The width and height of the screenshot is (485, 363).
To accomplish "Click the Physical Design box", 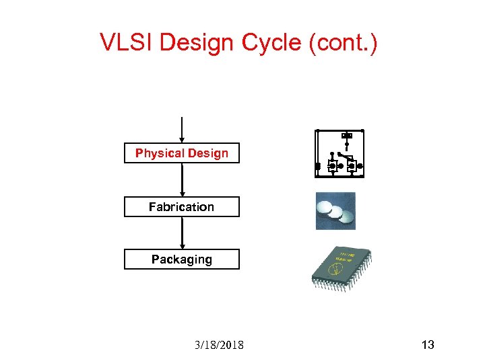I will pos(182,153).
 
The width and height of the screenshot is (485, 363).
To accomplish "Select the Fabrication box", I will pos(182,207).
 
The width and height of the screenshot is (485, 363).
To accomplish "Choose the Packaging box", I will pos(182,259).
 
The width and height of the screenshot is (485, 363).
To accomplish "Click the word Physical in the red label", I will pos(159,153).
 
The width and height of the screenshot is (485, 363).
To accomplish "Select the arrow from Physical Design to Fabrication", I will pos(182,179).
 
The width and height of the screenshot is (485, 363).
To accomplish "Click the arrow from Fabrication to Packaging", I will pos(182,233).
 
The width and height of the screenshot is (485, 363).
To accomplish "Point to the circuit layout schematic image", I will pos(339,154).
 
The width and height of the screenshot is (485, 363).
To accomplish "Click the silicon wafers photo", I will pos(335,211).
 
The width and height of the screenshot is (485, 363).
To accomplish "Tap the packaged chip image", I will pos(341,270).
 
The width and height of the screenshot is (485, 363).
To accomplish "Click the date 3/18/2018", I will pos(220,345).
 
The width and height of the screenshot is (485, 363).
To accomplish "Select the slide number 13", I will pos(427,345).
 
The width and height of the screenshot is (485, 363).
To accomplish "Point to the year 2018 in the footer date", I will pos(232,345).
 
